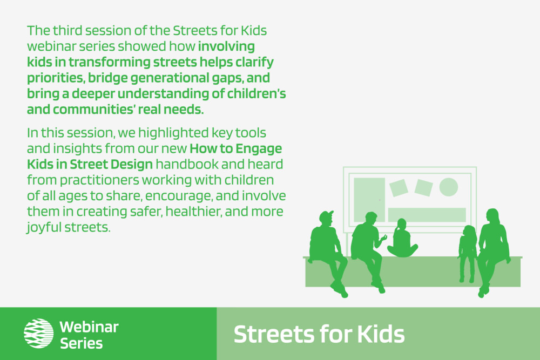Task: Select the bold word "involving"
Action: click(226, 46)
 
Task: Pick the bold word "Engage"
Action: click(259, 148)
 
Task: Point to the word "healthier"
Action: click(193, 212)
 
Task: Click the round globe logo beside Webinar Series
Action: click(38, 333)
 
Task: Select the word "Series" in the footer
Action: click(82, 343)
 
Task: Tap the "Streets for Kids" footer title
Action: click(319, 334)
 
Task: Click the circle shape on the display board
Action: click(448, 187)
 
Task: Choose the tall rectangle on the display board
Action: click(369, 200)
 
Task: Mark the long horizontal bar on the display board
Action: click(427, 215)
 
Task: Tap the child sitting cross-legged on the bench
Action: click(402, 239)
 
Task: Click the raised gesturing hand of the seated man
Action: click(383, 238)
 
